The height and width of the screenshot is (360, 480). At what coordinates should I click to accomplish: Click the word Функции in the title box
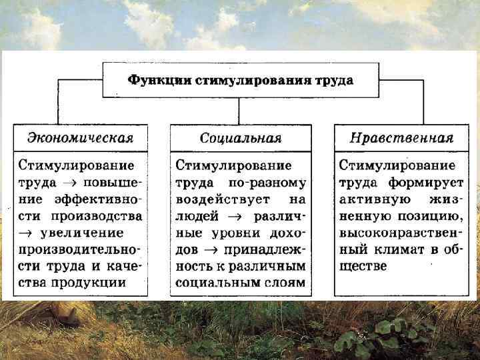pyautogui.click(x=159, y=80)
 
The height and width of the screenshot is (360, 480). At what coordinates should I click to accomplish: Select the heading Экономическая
pyautogui.click(x=80, y=139)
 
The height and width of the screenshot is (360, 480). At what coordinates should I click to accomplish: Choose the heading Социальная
pyautogui.click(x=241, y=139)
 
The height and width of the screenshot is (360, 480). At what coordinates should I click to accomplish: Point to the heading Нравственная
pyautogui.click(x=401, y=139)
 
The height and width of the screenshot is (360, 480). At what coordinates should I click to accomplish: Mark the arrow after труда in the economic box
pyautogui.click(x=67, y=182)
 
